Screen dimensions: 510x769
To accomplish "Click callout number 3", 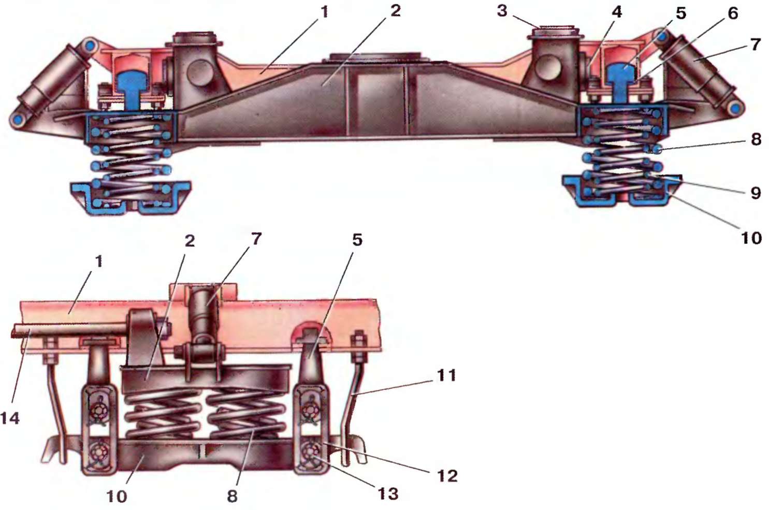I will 502,11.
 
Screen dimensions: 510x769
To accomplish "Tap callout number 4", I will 617,12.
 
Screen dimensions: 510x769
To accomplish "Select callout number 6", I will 733,13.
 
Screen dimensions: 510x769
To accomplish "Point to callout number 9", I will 756,193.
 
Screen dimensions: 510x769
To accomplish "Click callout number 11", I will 446,374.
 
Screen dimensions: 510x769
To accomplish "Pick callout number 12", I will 447,475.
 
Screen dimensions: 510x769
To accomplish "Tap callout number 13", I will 388,493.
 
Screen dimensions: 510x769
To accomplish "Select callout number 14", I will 10,417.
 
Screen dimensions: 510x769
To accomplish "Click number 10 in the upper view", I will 751,238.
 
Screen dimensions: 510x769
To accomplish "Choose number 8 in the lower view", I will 233,496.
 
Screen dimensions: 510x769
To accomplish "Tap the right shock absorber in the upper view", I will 699,72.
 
